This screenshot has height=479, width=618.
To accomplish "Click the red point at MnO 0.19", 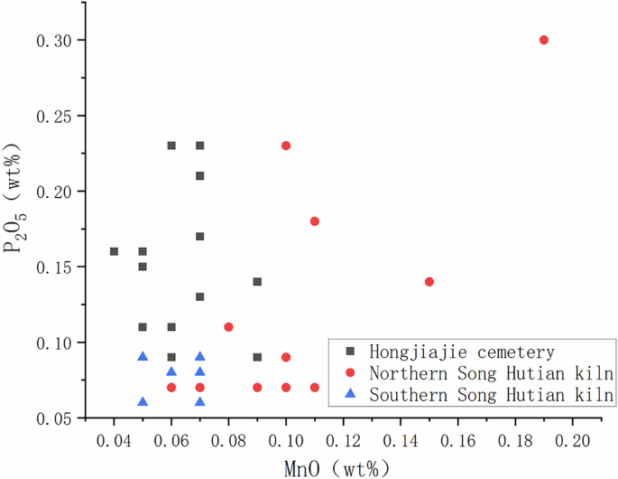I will click(x=544, y=40).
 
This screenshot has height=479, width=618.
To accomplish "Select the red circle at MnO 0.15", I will click(x=429, y=282).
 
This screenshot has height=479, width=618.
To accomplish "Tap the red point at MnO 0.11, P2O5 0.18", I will click(x=315, y=221).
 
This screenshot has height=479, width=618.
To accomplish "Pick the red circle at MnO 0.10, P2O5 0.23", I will click(x=286, y=146).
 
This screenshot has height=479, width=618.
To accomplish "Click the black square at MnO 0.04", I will click(x=114, y=251).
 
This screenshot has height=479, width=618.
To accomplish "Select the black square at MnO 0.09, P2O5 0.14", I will click(x=257, y=282).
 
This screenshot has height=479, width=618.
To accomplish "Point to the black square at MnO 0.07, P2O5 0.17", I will click(x=200, y=237).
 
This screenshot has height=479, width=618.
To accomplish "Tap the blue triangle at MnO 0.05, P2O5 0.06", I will click(x=143, y=402).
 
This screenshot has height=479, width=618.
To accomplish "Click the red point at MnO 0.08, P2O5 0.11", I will click(x=228, y=327).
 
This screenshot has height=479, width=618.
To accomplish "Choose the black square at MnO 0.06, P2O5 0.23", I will click(x=171, y=146).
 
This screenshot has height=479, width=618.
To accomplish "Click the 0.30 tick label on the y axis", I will click(x=54, y=41).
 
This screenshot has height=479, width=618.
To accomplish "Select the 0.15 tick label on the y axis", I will click(x=54, y=267).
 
